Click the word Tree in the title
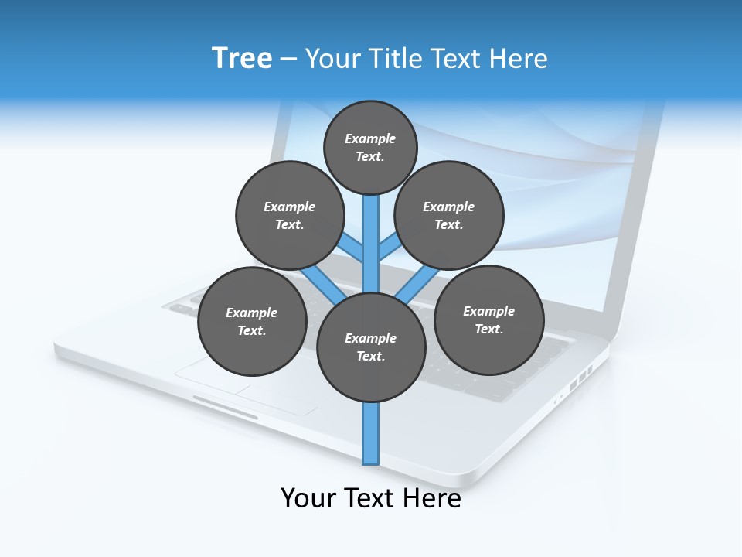[241, 58]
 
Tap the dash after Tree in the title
[288, 60]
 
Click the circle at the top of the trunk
[370, 147]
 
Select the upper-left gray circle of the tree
[290, 215]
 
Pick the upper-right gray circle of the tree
[449, 215]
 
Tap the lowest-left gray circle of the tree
[252, 321]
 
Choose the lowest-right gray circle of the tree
[488, 320]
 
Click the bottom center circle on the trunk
[371, 347]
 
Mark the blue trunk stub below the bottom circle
[371, 433]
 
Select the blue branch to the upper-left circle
[352, 249]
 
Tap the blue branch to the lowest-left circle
[318, 280]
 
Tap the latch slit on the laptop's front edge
[225, 408]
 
